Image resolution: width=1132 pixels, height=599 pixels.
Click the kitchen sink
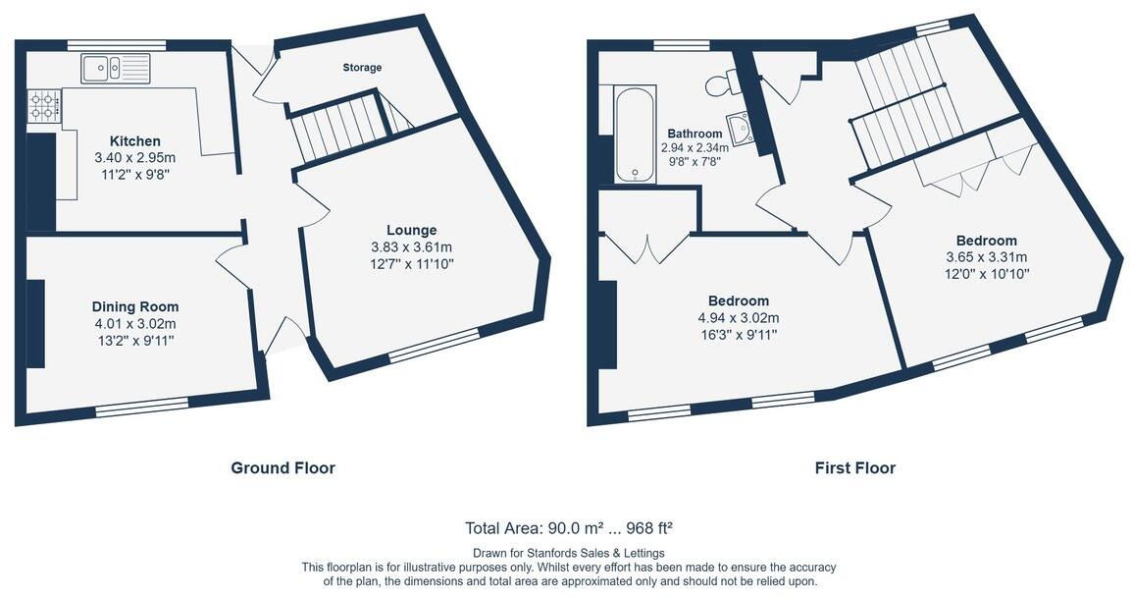pos(116,68)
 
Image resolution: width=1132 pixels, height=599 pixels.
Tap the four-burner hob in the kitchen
pos(43,105)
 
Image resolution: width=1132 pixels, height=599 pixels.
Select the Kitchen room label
pos(134,141)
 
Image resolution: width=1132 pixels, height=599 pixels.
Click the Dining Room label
pos(135,306)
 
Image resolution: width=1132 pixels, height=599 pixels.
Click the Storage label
pos(362,68)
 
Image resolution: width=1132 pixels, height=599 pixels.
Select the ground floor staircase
pos(337,127)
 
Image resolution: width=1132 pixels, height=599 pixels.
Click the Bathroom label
pos(695,134)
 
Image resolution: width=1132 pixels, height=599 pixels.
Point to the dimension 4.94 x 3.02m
pos(738,318)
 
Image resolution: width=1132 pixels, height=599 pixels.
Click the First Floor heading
pos(854,468)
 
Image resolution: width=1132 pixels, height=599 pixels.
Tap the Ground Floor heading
pos(283,468)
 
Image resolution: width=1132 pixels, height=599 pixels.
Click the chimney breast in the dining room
pos(35,324)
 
